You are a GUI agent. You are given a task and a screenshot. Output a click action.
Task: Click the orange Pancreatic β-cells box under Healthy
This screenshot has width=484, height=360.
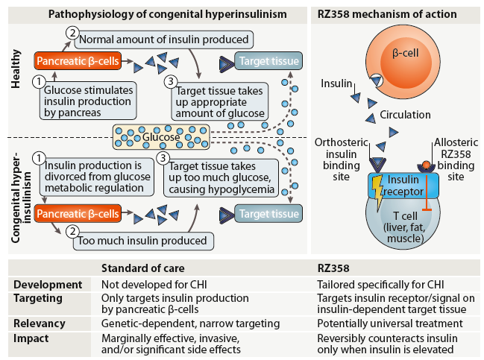point(78,61)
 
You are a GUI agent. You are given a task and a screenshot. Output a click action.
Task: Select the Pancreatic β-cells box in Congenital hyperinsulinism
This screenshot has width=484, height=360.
point(78,215)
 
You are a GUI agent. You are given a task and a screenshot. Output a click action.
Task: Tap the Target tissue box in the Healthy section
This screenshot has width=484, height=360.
point(267,61)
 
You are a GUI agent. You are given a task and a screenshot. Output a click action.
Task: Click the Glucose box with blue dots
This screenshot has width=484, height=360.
point(161,136)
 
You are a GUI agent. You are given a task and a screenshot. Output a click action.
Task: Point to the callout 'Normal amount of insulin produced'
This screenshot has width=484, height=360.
point(164,39)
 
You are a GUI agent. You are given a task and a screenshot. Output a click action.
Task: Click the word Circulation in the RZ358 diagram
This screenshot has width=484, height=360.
point(406,115)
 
